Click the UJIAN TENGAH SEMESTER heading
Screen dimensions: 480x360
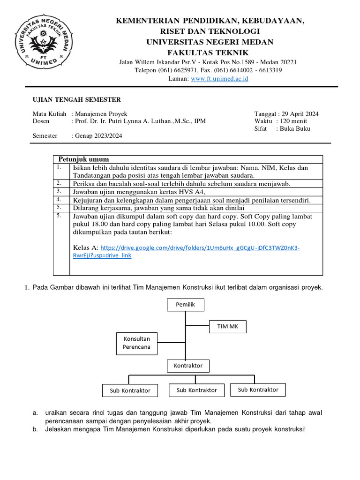[x=76, y=99]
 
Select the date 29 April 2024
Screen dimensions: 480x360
[x=300, y=114]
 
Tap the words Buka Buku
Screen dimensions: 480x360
[x=295, y=128]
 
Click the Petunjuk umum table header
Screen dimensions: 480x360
[x=83, y=159]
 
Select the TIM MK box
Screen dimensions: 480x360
[x=227, y=326]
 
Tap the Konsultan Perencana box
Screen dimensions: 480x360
[x=136, y=343]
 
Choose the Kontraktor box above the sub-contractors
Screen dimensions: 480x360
[x=188, y=365]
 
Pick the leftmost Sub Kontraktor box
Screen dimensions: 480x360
[x=130, y=390]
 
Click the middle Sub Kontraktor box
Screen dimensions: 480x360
[x=196, y=390]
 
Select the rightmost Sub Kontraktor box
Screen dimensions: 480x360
[x=258, y=390]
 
